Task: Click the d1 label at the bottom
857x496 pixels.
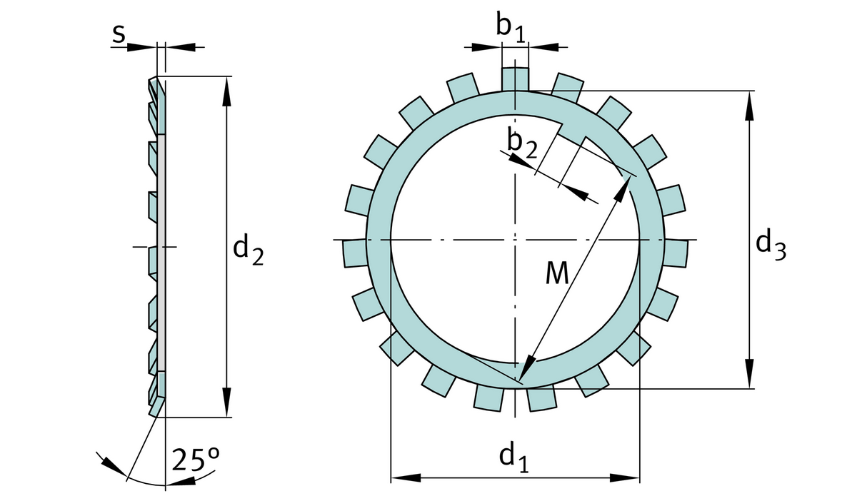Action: click(513, 456)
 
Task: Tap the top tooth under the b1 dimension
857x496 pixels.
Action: click(515, 79)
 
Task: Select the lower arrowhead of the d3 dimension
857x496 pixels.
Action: click(749, 375)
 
